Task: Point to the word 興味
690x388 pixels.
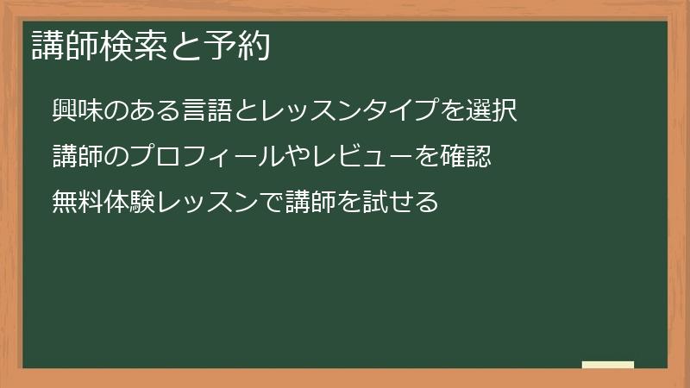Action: (x=75, y=110)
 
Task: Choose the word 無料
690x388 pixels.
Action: (x=75, y=202)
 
